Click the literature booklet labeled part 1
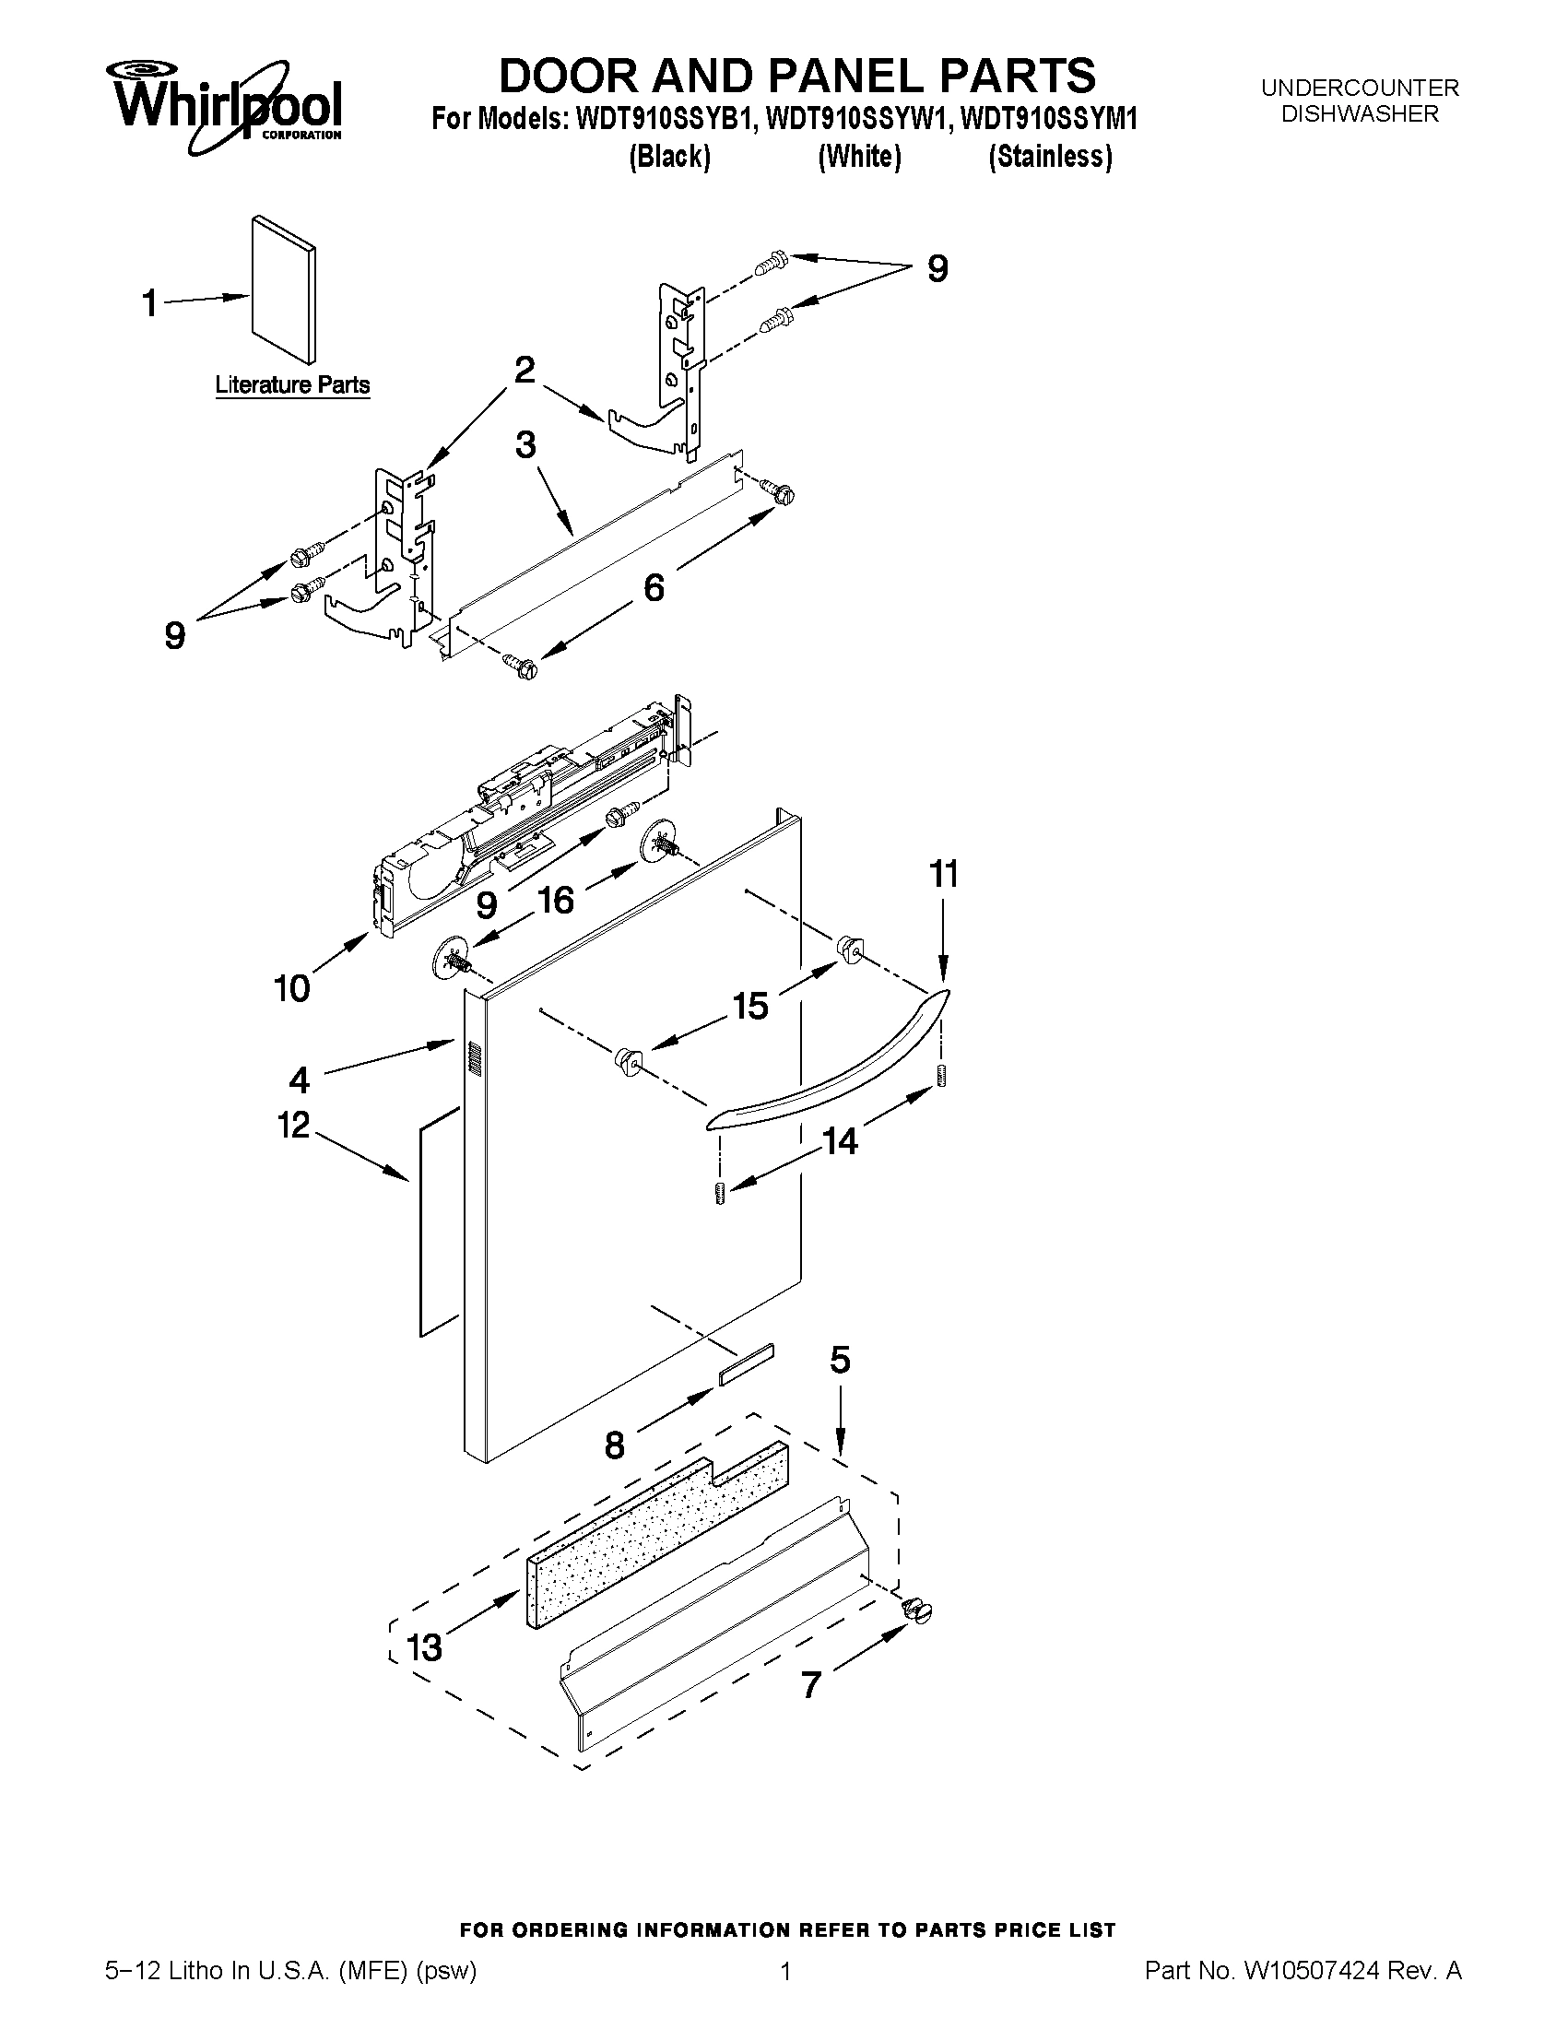click(x=283, y=291)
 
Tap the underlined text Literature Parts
click(x=292, y=385)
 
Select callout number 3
click(x=525, y=444)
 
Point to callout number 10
click(x=291, y=988)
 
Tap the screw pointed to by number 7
click(x=918, y=1614)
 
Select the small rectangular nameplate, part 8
click(x=745, y=1364)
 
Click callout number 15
click(x=749, y=1006)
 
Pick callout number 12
click(x=293, y=1125)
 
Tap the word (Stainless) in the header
click(x=1050, y=157)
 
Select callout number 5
click(x=839, y=1361)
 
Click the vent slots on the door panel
click(x=475, y=1060)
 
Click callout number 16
click(x=556, y=900)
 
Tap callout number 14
click(x=840, y=1141)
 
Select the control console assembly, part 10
click(x=520, y=818)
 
